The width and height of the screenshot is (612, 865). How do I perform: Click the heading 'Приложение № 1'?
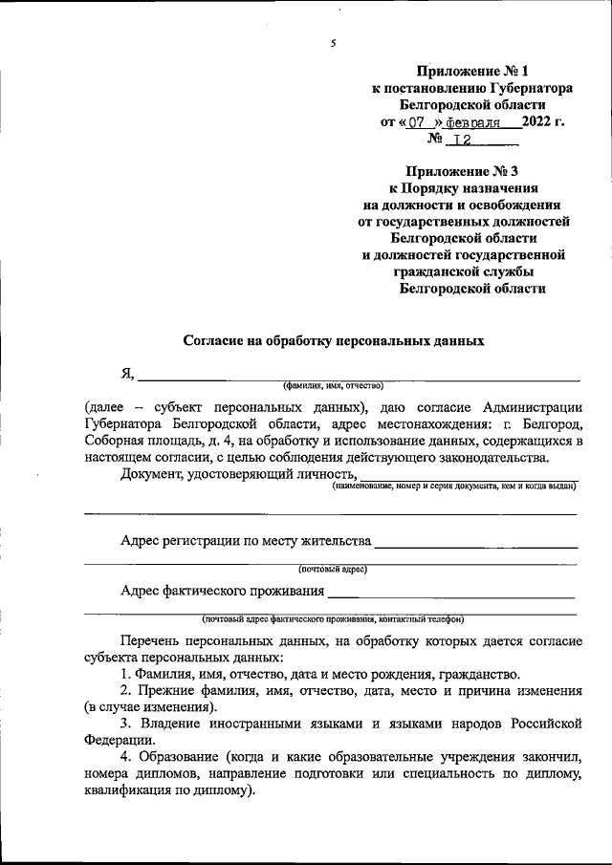pos(472,71)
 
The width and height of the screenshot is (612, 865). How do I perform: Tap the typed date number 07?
pos(417,122)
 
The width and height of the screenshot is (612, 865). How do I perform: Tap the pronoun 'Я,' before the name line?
pos(128,374)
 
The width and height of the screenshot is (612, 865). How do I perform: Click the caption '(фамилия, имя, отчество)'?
pos(332,386)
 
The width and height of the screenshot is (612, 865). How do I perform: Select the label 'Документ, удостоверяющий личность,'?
pos(239,475)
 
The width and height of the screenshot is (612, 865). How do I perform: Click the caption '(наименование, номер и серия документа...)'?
pos(454,487)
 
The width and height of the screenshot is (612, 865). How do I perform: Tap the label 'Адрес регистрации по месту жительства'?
pos(246,540)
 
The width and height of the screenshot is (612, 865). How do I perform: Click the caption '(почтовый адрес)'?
pos(332,569)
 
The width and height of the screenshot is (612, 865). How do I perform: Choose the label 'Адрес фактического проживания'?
pos(222,590)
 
